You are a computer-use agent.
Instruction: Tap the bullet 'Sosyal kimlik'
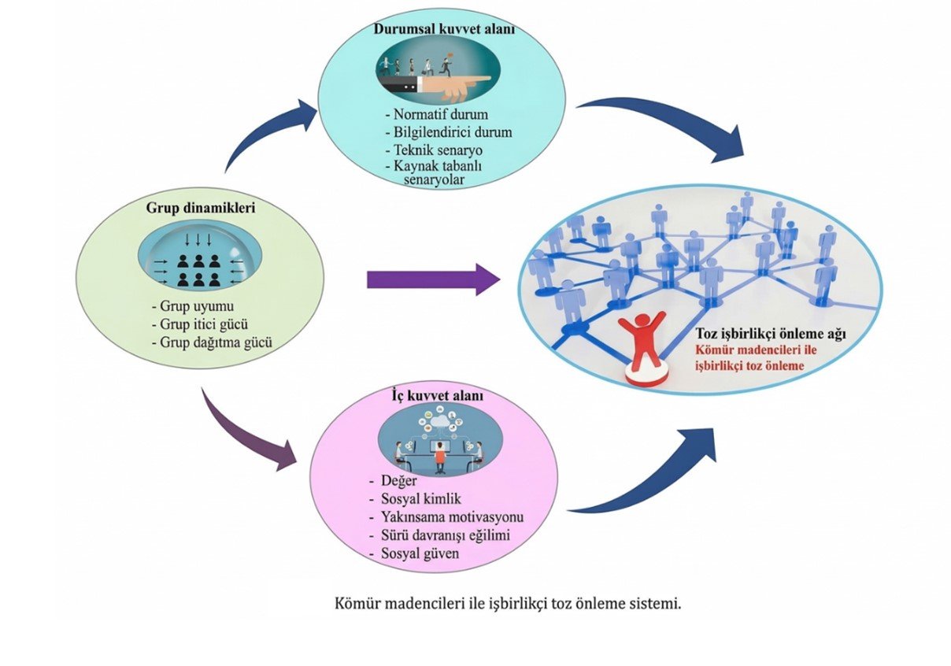coord(420,499)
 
